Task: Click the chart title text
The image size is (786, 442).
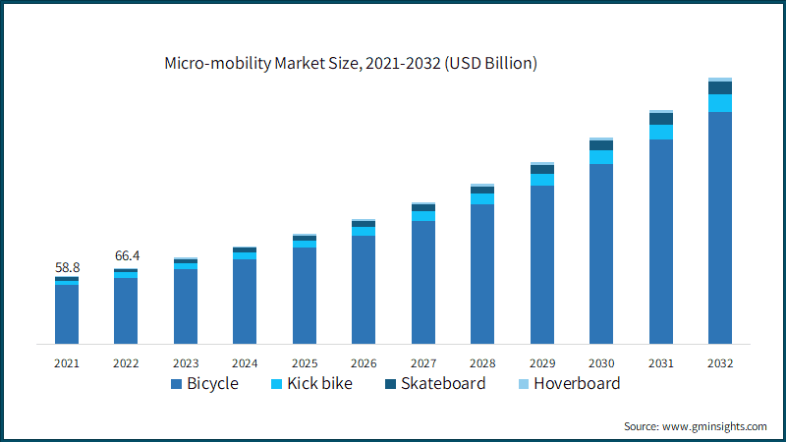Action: click(x=351, y=64)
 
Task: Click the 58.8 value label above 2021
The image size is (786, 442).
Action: click(x=67, y=267)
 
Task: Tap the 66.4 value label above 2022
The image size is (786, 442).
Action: click(x=126, y=256)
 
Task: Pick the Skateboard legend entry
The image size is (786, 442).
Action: click(x=432, y=384)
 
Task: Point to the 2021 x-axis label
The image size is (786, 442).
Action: click(x=67, y=362)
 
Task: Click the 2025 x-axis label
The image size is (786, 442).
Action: click(x=305, y=362)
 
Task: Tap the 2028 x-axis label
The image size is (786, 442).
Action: click(x=482, y=362)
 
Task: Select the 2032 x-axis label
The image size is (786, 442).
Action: click(x=720, y=362)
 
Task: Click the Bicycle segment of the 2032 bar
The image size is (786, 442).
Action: click(x=720, y=226)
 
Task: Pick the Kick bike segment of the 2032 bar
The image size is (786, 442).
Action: click(x=720, y=103)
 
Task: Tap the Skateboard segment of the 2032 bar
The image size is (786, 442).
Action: click(x=720, y=87)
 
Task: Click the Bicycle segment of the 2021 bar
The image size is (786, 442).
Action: click(x=67, y=314)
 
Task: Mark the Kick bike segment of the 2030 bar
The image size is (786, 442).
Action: click(x=601, y=157)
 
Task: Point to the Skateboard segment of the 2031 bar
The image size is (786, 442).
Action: click(x=661, y=119)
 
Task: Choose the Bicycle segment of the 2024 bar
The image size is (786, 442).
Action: click(x=245, y=301)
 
